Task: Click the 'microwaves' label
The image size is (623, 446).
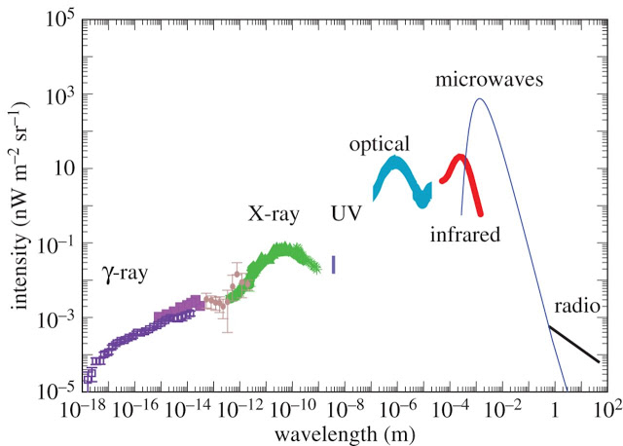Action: [489, 80]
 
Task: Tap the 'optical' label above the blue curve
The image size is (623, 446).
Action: [379, 145]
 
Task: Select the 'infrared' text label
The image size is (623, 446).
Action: [465, 234]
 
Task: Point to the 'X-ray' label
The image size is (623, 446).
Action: [274, 214]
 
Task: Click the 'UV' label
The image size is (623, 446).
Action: [347, 213]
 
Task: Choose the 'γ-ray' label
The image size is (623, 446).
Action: [125, 274]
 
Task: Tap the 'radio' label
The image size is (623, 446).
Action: [577, 306]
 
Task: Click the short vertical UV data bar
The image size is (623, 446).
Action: [334, 264]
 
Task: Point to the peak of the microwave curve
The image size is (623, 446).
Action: [480, 98]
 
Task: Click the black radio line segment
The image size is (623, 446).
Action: [574, 345]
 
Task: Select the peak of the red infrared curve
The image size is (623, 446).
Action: [460, 157]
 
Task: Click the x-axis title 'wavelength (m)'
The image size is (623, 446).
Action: [345, 434]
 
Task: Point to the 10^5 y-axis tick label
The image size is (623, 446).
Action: [60, 19]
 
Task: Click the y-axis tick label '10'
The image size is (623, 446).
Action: [64, 168]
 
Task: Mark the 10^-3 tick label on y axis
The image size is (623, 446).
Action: [56, 318]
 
